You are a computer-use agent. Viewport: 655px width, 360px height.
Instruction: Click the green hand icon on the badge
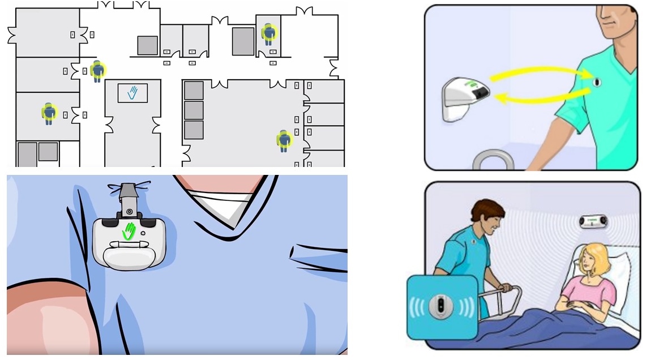coord(131,230)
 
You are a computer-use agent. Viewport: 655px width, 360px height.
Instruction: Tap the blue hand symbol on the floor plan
coord(132,93)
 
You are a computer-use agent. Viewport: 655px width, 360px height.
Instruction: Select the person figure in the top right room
coord(269,34)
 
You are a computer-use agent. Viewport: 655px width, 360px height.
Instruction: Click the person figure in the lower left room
coord(49,113)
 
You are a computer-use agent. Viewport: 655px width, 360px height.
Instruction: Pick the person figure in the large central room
coord(284,140)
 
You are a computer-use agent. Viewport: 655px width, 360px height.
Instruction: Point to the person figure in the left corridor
coord(98,71)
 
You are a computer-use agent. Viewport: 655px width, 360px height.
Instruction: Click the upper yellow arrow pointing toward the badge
coord(538,72)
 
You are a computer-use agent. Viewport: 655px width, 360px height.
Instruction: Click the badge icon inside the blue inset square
coord(440,306)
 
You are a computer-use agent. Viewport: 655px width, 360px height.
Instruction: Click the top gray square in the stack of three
coord(194,91)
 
